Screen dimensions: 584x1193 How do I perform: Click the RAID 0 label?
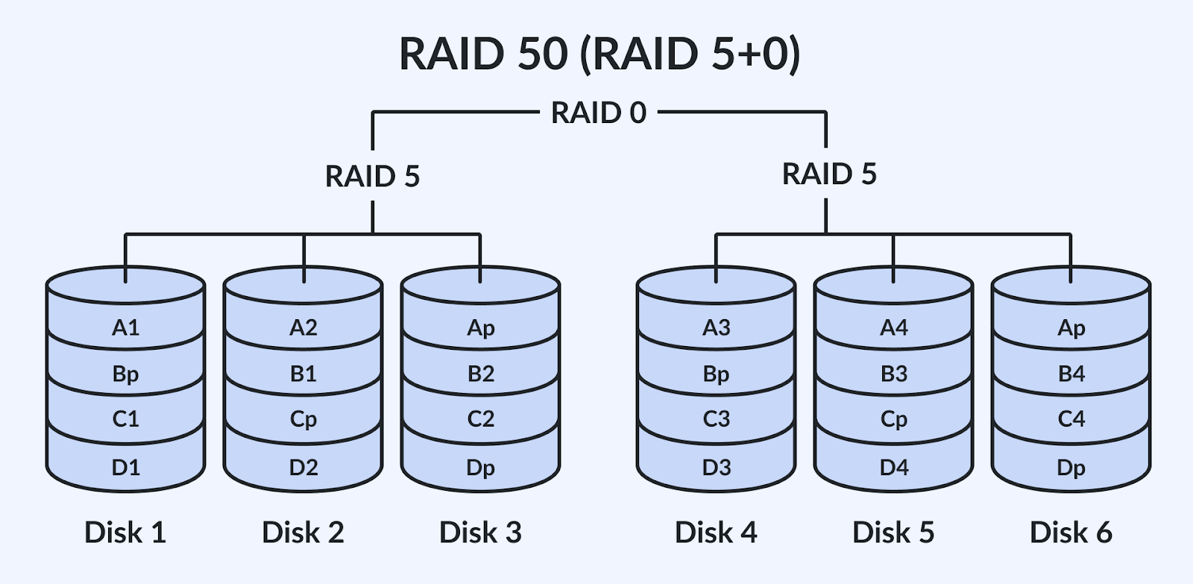pyautogui.click(x=599, y=113)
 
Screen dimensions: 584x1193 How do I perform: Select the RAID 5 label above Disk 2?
pyautogui.click(x=373, y=177)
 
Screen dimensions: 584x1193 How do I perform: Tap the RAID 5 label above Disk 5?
pyautogui.click(x=829, y=175)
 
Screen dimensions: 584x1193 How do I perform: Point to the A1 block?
pyautogui.click(x=125, y=327)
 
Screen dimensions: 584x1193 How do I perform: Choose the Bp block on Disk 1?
pyautogui.click(x=125, y=374)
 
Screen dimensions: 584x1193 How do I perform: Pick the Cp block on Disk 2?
pyautogui.click(x=303, y=419)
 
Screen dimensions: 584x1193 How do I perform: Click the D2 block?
pyautogui.click(x=303, y=468)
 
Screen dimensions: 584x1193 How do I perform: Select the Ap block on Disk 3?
pyautogui.click(x=481, y=327)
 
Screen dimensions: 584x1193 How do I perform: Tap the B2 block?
pyautogui.click(x=481, y=374)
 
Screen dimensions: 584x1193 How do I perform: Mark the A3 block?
pyautogui.click(x=716, y=327)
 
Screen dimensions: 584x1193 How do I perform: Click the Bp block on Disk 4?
pyautogui.click(x=716, y=374)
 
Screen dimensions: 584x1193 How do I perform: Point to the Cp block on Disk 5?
pyautogui.click(x=893, y=419)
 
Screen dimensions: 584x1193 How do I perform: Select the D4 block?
pyautogui.click(x=893, y=468)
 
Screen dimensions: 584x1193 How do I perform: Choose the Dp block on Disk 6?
pyautogui.click(x=1071, y=468)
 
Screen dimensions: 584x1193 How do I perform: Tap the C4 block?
pyautogui.click(x=1071, y=419)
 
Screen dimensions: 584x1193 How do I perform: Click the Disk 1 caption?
pyautogui.click(x=125, y=533)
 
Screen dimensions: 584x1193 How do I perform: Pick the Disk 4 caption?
pyautogui.click(x=716, y=533)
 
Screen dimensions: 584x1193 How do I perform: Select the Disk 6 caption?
pyautogui.click(x=1071, y=533)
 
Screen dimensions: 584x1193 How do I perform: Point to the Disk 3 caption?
pyautogui.click(x=481, y=533)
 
